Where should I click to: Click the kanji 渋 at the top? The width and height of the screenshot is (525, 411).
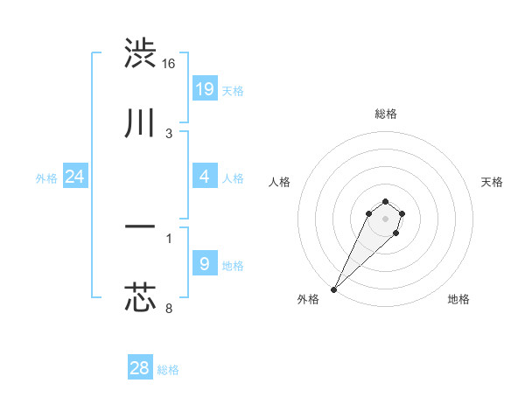140,53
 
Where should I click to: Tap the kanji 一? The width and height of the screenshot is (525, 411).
140,227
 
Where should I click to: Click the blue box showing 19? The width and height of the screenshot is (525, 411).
204,88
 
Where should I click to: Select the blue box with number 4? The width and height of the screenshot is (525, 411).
204,177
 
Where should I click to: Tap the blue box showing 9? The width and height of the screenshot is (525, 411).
204,263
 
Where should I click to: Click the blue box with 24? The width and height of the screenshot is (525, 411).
74,177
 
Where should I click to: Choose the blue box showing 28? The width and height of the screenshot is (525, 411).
139,368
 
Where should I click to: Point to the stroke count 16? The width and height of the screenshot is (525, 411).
169,64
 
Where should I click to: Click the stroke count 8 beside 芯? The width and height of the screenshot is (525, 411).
169,308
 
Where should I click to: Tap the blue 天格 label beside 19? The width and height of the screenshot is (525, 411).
232,90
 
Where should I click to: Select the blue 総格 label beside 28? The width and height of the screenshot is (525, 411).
168,370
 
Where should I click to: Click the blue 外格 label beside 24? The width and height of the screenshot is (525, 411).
46,178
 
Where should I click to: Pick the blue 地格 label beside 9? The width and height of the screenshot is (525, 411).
233,265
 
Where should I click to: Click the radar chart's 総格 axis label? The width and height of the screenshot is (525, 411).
386,114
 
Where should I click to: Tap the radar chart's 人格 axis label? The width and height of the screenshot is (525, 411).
280,182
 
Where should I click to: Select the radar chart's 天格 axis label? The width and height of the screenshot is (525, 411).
492,182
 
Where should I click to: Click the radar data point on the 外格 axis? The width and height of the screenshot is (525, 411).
334,289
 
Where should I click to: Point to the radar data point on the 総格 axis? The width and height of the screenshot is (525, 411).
386,201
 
